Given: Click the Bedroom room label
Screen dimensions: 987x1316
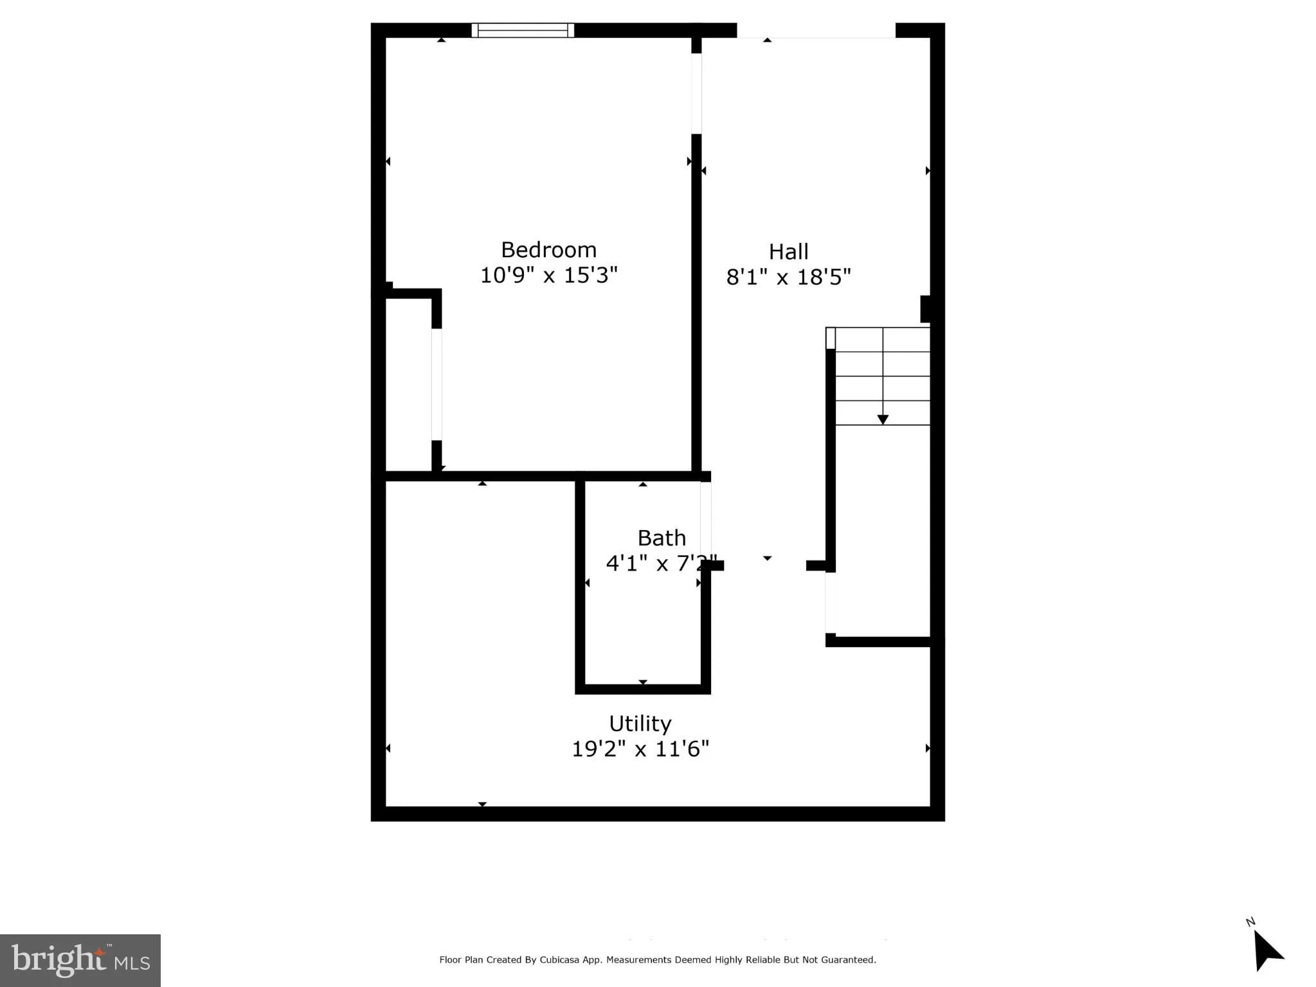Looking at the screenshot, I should pyautogui.click(x=548, y=249).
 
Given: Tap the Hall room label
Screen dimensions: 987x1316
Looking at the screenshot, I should pyautogui.click(x=788, y=251).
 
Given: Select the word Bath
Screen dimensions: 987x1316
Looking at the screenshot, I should pyautogui.click(x=661, y=538).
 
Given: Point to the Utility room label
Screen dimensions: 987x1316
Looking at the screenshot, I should pyautogui.click(x=640, y=724).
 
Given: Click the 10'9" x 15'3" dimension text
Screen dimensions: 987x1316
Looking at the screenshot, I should pyautogui.click(x=548, y=275).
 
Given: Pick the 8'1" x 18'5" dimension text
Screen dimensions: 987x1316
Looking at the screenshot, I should pyautogui.click(x=788, y=277).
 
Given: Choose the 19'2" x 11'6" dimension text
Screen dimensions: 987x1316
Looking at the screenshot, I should pyautogui.click(x=640, y=749).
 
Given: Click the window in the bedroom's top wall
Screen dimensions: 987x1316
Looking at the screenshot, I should pyautogui.click(x=523, y=30).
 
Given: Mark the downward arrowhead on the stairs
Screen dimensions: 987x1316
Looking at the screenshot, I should pyautogui.click(x=883, y=420).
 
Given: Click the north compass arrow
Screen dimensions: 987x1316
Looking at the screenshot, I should pyautogui.click(x=1266, y=952).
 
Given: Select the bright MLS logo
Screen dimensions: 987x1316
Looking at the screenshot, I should pyautogui.click(x=80, y=960).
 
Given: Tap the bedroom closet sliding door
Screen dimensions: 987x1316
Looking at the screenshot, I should pyautogui.click(x=437, y=384).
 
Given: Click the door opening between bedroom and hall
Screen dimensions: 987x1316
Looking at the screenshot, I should pyautogui.click(x=696, y=94).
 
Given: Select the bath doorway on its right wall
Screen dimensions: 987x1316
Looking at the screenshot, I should pyautogui.click(x=706, y=520).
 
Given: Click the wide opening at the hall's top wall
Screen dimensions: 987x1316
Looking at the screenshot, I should pyautogui.click(x=816, y=30).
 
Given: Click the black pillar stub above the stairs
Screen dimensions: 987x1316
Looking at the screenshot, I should pyautogui.click(x=925, y=309).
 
